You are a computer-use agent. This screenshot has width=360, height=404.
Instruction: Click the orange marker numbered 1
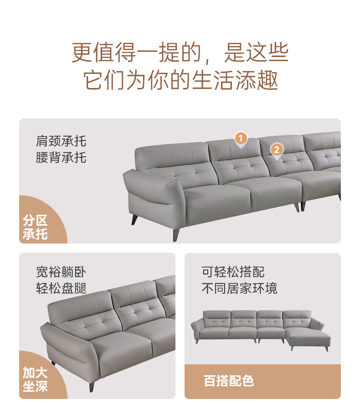pos(241,139)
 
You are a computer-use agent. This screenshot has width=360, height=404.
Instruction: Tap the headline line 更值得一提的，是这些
pos(180,52)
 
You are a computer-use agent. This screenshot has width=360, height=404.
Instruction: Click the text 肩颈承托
pos(61,141)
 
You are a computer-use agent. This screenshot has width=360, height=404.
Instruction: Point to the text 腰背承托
pos(61,157)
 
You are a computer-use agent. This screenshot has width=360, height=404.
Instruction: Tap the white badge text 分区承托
pos(35,227)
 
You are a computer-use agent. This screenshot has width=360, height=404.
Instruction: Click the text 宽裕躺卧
pos(61,272)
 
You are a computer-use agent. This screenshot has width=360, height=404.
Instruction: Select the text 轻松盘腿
pos(61,288)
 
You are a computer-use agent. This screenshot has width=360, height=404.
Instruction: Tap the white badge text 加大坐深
pos(35,379)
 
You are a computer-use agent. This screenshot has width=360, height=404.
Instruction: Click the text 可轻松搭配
pos(233,272)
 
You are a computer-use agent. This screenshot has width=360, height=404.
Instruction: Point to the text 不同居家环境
pos(240,288)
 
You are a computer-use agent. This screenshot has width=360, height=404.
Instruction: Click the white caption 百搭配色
pos(229,381)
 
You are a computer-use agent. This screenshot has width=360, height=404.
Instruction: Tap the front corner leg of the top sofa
pos(176,234)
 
